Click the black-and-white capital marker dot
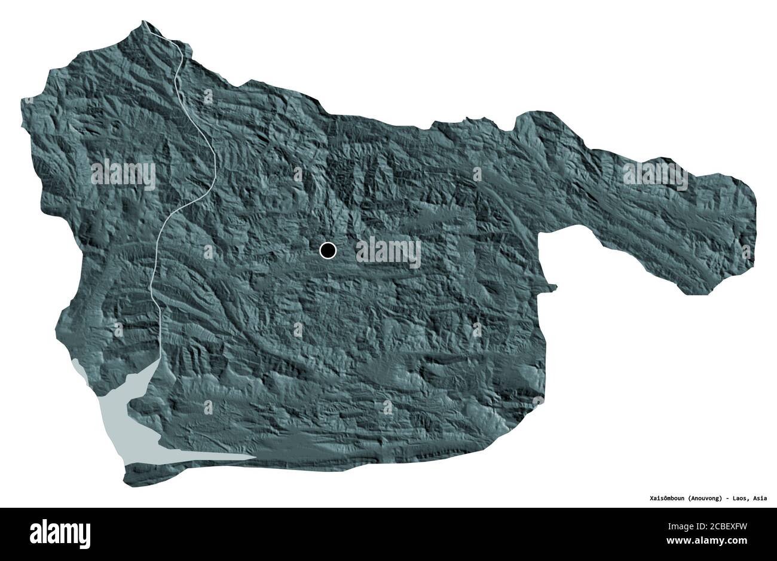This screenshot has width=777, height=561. pos(328,251)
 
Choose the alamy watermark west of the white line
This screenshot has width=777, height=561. pos(123,175)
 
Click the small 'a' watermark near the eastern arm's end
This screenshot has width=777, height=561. pos(745,252)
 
